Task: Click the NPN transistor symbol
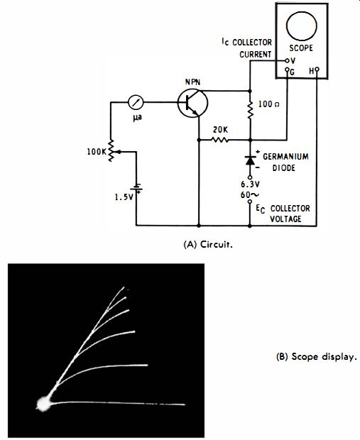192,103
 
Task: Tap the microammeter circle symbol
136,102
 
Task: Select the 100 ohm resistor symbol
250,109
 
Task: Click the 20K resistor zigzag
219,140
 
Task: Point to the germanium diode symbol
250,160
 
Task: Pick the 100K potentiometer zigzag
111,150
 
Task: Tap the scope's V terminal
287,60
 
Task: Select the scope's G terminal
287,70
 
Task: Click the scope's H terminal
317,69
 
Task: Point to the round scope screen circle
301,26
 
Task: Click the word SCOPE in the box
301,48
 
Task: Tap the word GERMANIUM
285,156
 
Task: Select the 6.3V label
250,185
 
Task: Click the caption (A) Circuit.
208,244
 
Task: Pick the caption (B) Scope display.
317,357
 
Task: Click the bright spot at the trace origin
43,404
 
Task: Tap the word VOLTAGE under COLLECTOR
285,219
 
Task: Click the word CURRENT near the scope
255,54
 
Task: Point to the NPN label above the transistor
192,82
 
